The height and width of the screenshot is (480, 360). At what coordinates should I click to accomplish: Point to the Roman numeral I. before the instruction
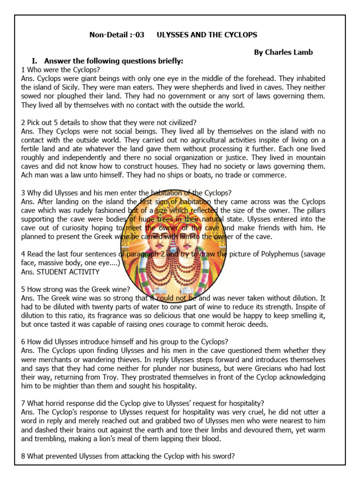coord(35,61)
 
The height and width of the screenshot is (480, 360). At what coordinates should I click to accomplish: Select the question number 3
coord(23,193)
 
